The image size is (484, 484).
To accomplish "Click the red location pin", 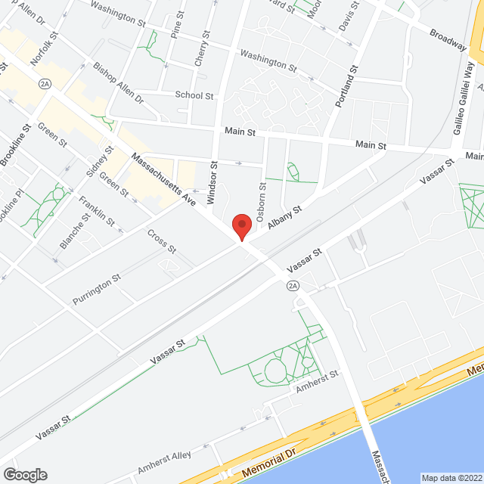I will (x=240, y=225).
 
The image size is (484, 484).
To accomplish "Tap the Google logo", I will (x=24, y=475).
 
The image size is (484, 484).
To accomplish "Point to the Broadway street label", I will (x=448, y=40).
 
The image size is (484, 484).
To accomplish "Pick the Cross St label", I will (x=161, y=241).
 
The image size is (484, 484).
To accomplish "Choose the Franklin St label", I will (x=97, y=211).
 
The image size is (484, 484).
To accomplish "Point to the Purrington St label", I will (x=96, y=290).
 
